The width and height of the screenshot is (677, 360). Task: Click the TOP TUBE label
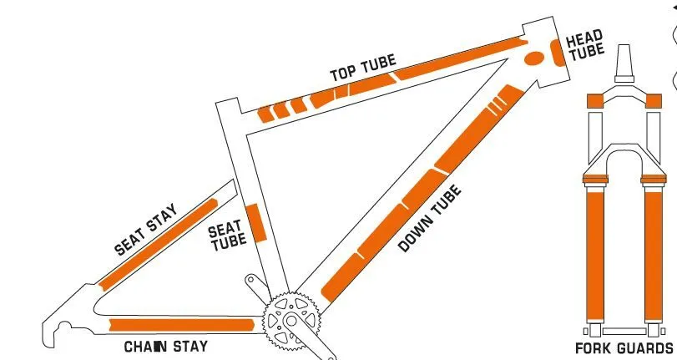pyautogui.click(x=363, y=68)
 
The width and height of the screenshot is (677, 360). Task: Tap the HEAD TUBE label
pyautogui.click(x=585, y=45)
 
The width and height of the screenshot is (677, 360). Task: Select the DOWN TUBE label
pyautogui.click(x=430, y=218)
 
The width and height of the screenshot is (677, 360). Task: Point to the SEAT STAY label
pyautogui.click(x=146, y=229)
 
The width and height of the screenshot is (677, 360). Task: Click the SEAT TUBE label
pyautogui.click(x=227, y=236)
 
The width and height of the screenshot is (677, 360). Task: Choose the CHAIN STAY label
pyautogui.click(x=166, y=347)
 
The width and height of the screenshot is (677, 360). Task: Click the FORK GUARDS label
pyautogui.click(x=624, y=348)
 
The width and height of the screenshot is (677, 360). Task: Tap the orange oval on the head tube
pyautogui.click(x=534, y=58)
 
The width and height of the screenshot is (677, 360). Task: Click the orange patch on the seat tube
pyautogui.click(x=256, y=222)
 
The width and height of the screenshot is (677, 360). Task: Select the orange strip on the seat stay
pyautogui.click(x=158, y=245)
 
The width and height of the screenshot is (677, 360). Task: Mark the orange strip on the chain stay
pyautogui.click(x=182, y=325)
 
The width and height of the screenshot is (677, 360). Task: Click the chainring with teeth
pyautogui.click(x=292, y=321)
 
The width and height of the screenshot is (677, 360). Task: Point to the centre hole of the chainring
pyautogui.click(x=292, y=321)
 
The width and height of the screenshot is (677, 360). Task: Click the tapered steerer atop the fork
pyautogui.click(x=624, y=63)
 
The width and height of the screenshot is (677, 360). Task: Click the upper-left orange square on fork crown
pyautogui.click(x=595, y=101)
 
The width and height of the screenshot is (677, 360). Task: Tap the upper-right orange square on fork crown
pyautogui.click(x=654, y=101)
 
